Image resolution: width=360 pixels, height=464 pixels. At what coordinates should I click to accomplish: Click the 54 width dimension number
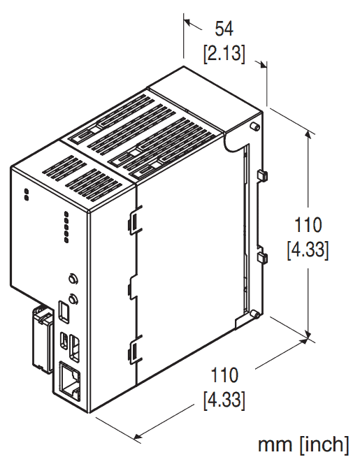tap(224, 29)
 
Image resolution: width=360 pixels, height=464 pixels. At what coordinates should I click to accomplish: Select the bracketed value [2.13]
tap(224, 54)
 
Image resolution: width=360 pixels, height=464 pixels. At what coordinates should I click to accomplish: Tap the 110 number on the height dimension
tap(308, 226)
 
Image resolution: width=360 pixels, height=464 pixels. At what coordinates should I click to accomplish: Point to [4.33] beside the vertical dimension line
tap(308, 249)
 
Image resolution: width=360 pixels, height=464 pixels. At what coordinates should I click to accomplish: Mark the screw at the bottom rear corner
tap(257, 314)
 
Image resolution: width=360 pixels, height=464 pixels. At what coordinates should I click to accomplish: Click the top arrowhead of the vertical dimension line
tap(308, 132)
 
